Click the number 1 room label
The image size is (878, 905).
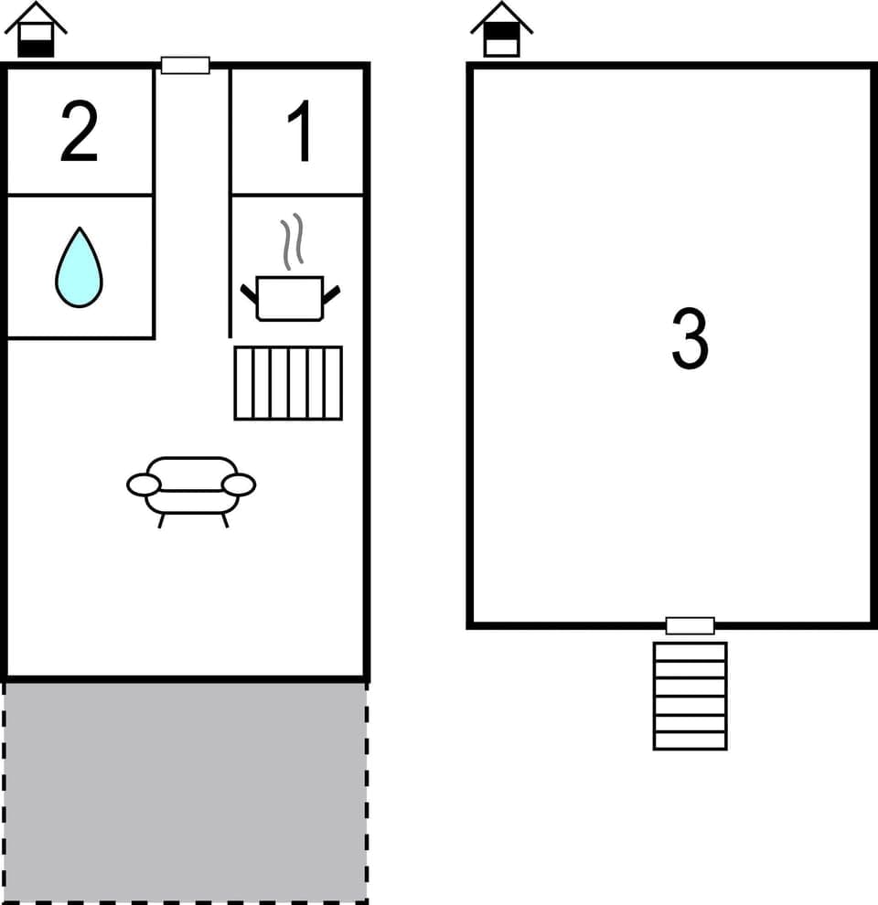click(300, 133)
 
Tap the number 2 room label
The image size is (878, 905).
click(79, 133)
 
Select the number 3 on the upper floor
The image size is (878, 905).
click(690, 339)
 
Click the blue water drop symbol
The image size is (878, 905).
click(79, 267)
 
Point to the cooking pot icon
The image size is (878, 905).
click(290, 298)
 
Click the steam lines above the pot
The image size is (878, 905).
click(292, 242)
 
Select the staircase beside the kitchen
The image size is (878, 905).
click(288, 383)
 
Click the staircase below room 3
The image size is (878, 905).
click(690, 696)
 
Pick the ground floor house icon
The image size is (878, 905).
click(36, 31)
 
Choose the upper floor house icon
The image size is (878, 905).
click(501, 31)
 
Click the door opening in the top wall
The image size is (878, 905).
click(185, 65)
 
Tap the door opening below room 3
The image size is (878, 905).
click(690, 625)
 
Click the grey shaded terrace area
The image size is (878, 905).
click(185, 792)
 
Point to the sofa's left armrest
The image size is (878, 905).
click(144, 485)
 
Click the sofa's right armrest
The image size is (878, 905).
click(239, 485)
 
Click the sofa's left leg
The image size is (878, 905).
click(162, 520)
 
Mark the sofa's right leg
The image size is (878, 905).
click(224, 520)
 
